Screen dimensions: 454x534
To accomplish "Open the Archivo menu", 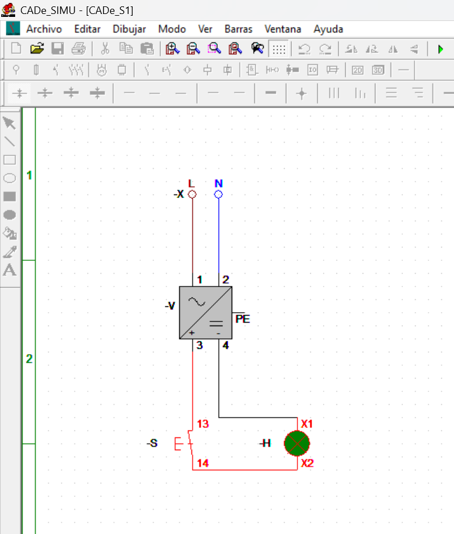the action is point(44,29).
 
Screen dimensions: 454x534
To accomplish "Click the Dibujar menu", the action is point(129,29).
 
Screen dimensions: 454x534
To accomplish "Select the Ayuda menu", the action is point(328,29).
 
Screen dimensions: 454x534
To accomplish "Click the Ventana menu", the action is point(283,29).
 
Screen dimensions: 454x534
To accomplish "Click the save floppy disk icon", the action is point(58,49).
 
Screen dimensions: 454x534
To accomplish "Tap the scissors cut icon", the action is point(105,49).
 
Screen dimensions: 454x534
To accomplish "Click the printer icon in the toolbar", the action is point(79,49).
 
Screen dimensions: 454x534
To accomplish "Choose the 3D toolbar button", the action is point(378,70).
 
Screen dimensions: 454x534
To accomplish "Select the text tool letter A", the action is point(9,270).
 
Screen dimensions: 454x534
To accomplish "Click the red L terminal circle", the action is point(192,194).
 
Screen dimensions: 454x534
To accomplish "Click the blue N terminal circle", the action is point(218,194).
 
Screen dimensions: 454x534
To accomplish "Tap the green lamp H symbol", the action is point(297,443).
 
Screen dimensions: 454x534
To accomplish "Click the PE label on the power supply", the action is point(243,319).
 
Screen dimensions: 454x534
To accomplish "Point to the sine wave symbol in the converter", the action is point(197,302).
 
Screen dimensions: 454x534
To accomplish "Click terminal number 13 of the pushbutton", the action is point(203,424).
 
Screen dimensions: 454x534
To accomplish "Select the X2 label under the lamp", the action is point(307,463).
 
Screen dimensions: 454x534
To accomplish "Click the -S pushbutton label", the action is point(152,443).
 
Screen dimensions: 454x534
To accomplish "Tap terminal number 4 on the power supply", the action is point(226,346).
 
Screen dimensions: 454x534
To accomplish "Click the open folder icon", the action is point(37,49).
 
